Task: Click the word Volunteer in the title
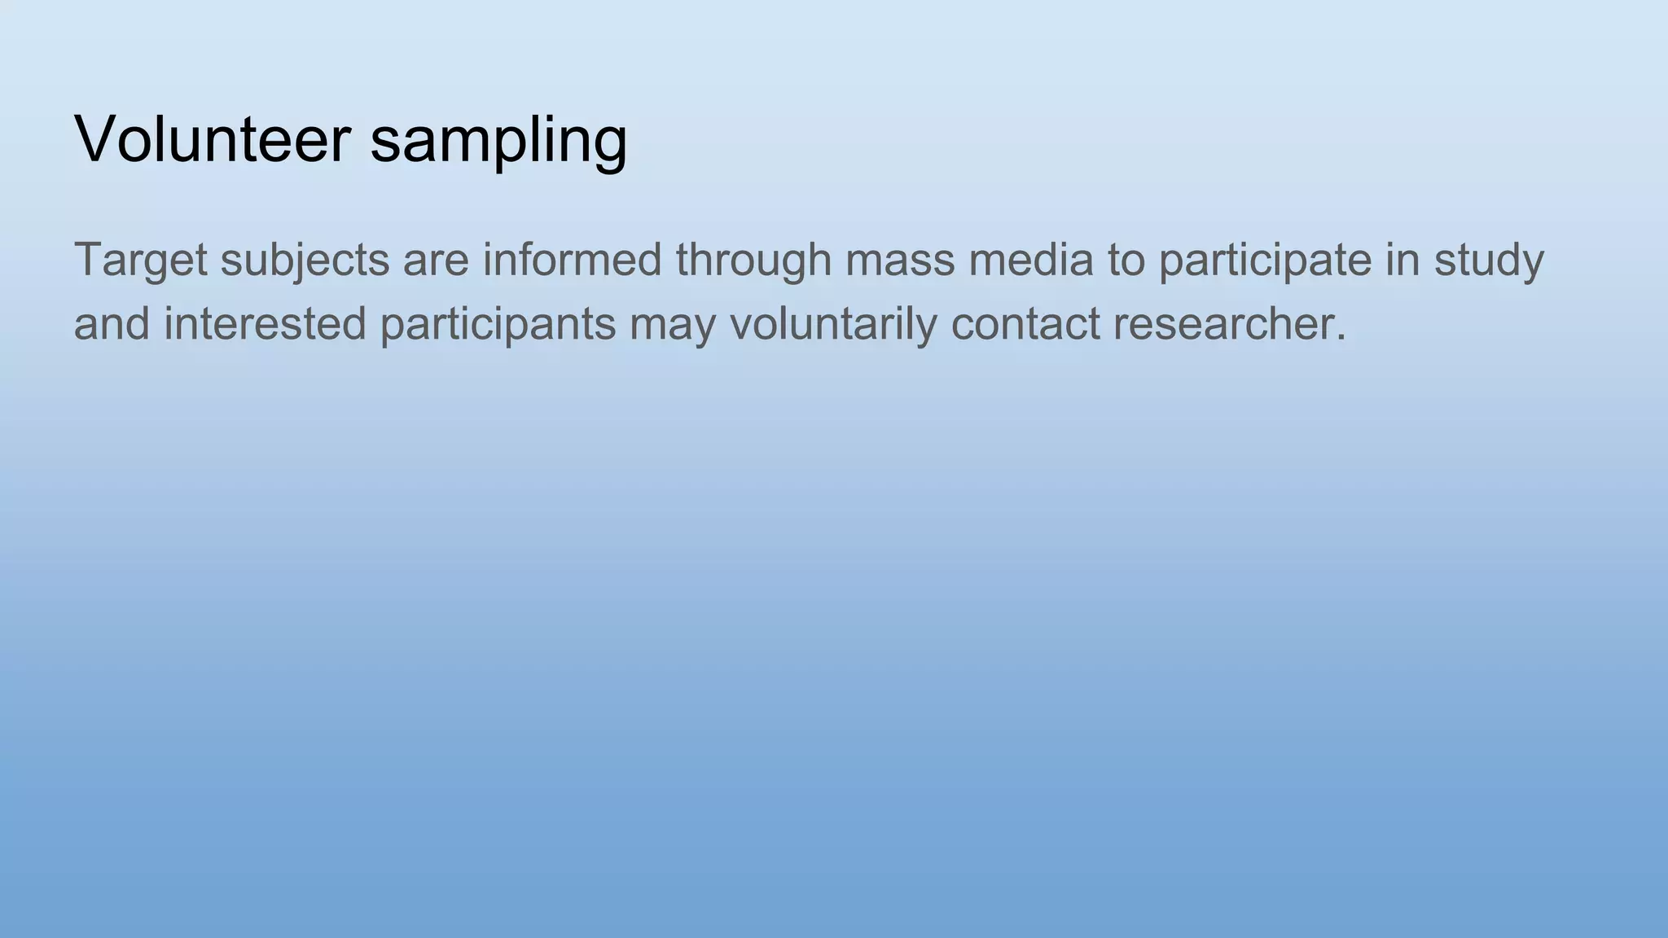tap(213, 138)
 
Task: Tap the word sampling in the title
tap(498, 142)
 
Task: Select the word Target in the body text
tap(140, 261)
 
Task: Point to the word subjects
tap(305, 261)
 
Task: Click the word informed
tap(572, 260)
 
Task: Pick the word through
tap(753, 261)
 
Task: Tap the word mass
tap(900, 261)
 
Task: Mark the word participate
tap(1265, 261)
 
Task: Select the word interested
tap(265, 324)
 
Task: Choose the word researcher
tap(1222, 324)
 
